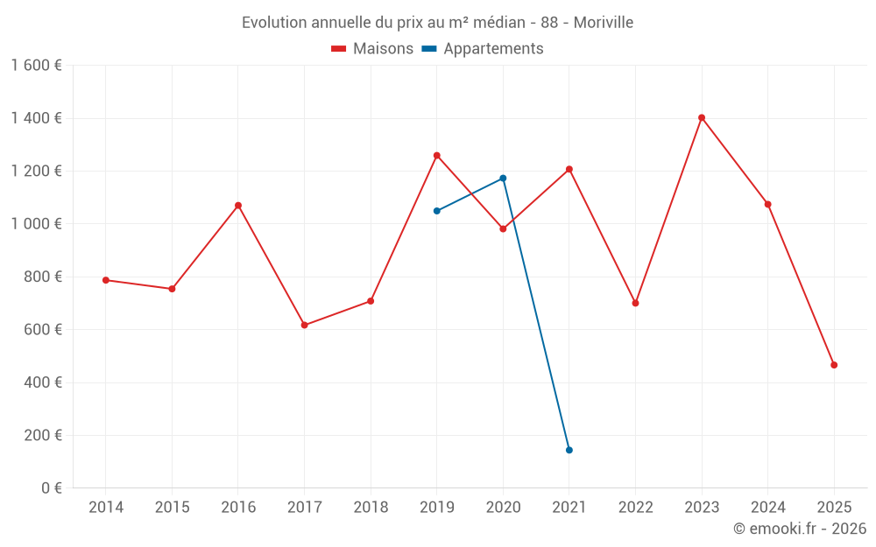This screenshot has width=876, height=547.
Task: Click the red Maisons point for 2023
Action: [702, 117]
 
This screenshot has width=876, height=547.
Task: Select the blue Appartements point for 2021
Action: [569, 450]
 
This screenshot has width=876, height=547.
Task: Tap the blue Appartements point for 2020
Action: [503, 179]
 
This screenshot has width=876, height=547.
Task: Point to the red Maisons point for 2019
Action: [437, 156]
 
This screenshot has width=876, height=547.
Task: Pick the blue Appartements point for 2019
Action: [437, 211]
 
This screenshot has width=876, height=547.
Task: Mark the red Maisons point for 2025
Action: [834, 365]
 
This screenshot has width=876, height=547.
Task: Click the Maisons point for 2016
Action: [238, 206]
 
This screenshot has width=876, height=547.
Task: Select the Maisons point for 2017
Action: [304, 326]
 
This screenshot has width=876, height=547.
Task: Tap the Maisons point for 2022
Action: [635, 303]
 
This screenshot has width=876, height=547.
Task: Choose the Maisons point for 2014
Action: [106, 280]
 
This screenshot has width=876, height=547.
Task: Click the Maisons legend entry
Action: [372, 49]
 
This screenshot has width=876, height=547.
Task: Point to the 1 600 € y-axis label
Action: [36, 66]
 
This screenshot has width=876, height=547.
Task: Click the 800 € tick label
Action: [42, 277]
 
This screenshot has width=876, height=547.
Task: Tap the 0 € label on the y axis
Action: [52, 488]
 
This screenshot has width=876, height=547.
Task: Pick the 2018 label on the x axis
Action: [371, 508]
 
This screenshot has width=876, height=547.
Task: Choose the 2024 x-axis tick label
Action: [767, 508]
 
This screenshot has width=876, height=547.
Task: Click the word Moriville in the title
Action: [604, 22]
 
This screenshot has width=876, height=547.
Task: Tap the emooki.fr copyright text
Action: [800, 529]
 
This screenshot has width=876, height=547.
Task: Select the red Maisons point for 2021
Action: [569, 169]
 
